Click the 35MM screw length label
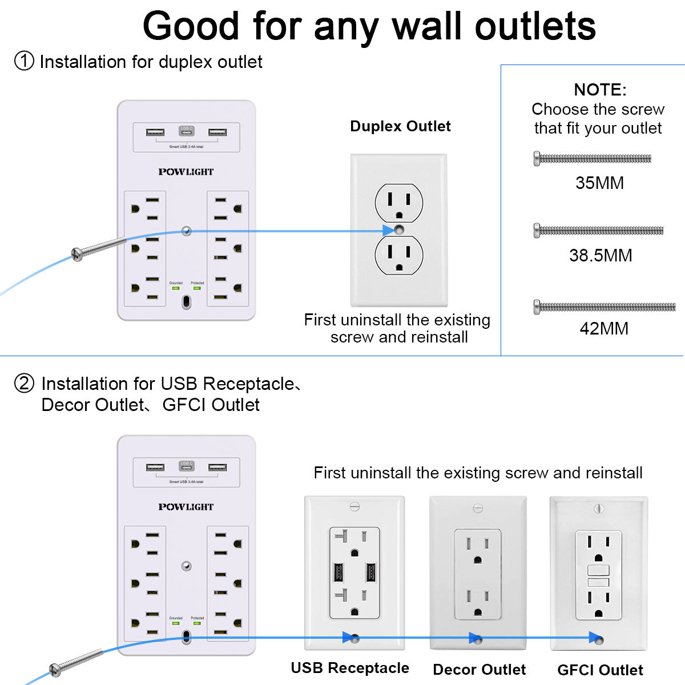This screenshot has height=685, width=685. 599,183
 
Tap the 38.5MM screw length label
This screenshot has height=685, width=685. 601,255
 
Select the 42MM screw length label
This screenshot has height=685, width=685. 604,328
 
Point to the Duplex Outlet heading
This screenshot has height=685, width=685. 400,126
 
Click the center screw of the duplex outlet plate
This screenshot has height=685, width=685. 399,231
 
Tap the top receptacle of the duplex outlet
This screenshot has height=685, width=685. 399,203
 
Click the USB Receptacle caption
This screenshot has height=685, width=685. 350,668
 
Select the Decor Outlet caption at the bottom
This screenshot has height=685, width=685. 479,670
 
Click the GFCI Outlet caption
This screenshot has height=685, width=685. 600,670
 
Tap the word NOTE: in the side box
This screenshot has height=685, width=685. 600,90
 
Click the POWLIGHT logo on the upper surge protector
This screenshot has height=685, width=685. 186,172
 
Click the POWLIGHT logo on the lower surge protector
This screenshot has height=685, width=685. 186,507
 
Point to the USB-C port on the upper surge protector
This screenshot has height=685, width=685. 187,131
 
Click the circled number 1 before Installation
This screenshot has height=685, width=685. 24,61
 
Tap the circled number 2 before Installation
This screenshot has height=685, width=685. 24,383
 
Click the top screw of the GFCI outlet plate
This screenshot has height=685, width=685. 599,508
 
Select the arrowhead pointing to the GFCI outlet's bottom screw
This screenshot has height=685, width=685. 595,638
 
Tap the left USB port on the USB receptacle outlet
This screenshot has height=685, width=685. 338,572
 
